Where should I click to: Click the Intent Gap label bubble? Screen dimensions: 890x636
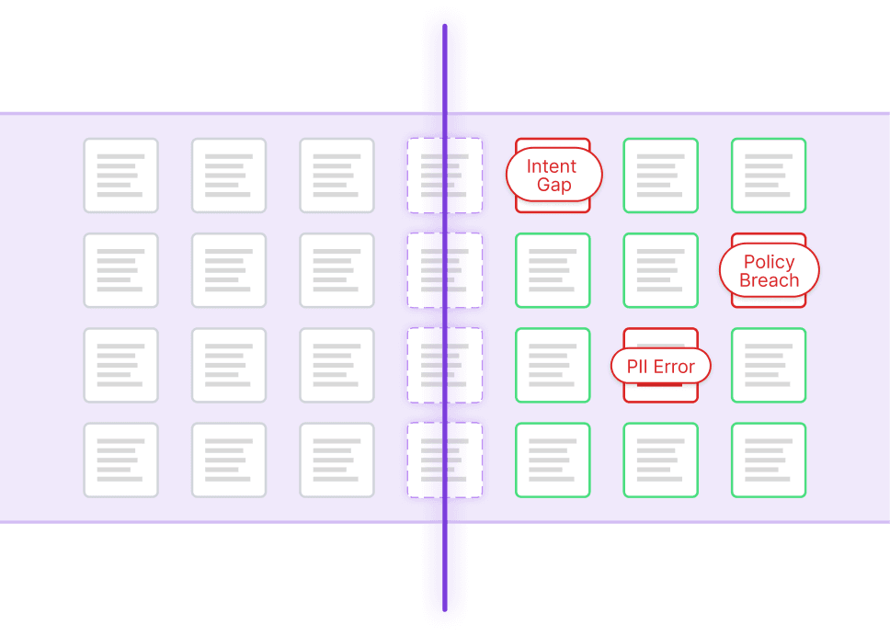(x=554, y=175)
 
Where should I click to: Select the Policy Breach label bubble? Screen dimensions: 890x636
(x=770, y=270)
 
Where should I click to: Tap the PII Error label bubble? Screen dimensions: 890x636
(x=661, y=366)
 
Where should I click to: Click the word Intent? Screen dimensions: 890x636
(x=551, y=166)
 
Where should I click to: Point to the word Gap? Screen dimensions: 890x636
(x=554, y=185)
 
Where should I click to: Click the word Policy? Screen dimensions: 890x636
(x=770, y=262)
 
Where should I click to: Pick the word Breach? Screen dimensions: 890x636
(x=770, y=280)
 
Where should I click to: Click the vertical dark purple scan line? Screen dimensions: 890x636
(x=445, y=318)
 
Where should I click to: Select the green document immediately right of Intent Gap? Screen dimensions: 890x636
(x=661, y=176)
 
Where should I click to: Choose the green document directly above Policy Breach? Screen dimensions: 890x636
(x=769, y=176)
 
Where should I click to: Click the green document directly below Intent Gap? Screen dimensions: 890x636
(x=553, y=270)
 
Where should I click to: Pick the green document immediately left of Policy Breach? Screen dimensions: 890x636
(x=661, y=270)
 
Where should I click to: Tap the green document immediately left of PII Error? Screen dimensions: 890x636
(x=553, y=365)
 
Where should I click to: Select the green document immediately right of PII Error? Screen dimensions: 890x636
(x=769, y=365)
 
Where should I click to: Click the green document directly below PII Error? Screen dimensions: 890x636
(x=661, y=460)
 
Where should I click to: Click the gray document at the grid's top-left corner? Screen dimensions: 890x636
(x=120, y=176)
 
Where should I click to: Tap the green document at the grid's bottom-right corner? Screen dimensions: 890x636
(x=769, y=460)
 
